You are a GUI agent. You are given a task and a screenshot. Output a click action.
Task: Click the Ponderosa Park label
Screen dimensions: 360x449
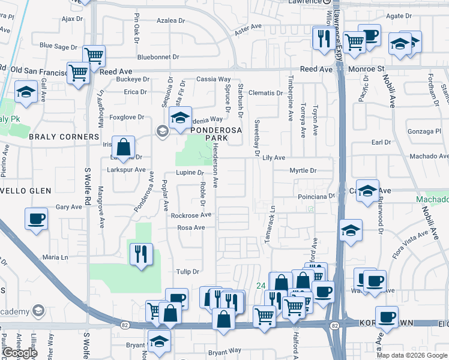point(209,133)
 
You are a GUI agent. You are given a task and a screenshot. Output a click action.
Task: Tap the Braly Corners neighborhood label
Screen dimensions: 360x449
point(64,137)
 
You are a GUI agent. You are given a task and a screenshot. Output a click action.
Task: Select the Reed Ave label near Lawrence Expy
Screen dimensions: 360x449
point(316,70)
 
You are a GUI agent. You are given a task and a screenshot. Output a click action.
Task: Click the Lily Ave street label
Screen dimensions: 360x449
point(273,157)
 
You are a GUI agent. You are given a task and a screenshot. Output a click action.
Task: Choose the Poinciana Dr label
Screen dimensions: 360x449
point(316,196)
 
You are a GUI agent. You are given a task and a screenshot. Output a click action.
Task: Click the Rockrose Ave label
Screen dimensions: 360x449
point(191,215)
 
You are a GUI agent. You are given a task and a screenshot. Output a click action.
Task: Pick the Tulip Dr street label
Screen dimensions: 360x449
point(187,272)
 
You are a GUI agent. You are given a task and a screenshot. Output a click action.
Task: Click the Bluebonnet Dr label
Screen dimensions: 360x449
point(158,57)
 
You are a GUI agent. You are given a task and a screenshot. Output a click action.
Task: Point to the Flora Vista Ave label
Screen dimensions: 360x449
point(415,235)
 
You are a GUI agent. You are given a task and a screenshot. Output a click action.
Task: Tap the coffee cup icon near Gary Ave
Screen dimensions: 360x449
point(36,218)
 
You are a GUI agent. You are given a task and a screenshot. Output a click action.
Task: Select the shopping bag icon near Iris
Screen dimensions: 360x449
point(123,146)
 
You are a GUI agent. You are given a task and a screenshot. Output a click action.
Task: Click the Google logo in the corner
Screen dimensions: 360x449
point(19,353)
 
